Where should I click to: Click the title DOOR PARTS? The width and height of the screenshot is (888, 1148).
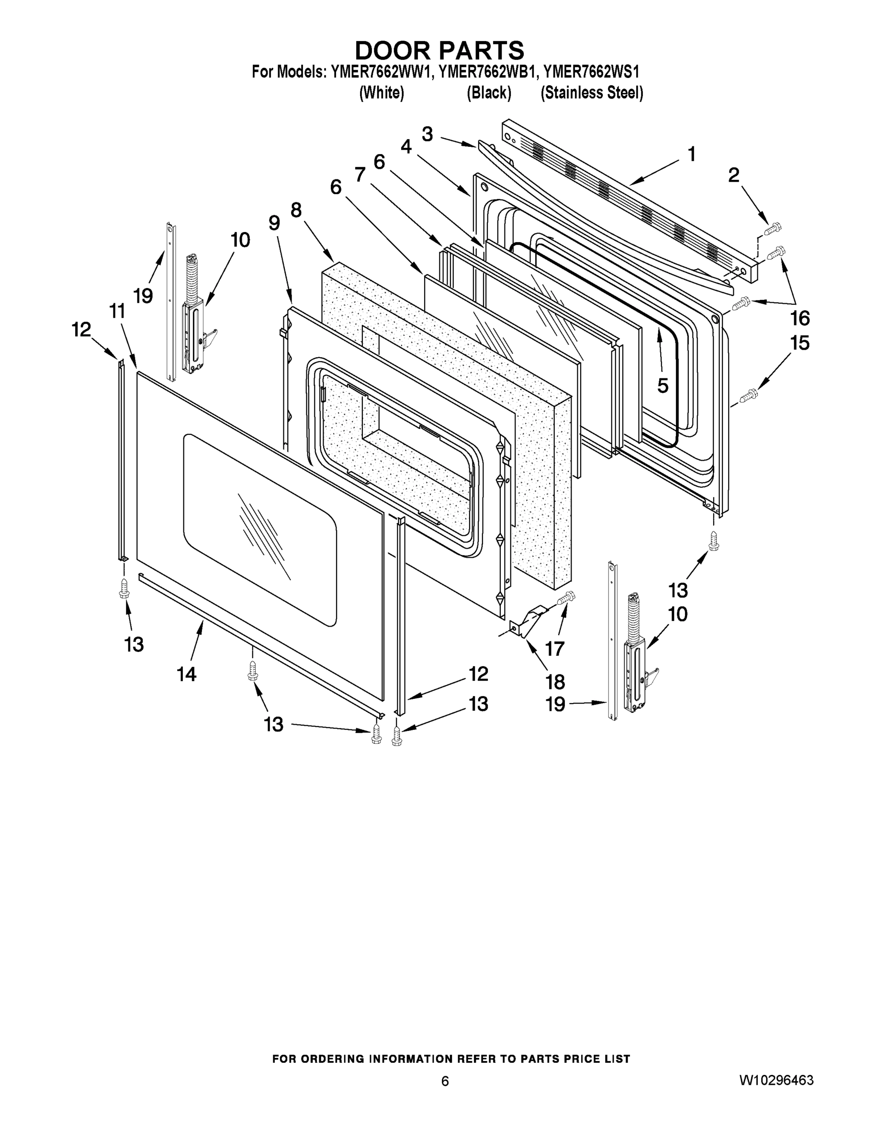coord(439,50)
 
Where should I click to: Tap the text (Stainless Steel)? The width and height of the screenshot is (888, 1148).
coord(592,93)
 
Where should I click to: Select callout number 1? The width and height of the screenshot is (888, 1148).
coord(692,155)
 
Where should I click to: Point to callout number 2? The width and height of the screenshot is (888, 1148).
coord(734,176)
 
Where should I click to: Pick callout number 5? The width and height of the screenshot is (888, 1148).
coord(663,385)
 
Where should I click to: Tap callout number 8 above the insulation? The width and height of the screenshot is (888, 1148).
coord(296,210)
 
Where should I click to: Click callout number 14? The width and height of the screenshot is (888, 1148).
coord(187,674)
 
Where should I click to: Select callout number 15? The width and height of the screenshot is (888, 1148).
coord(799,343)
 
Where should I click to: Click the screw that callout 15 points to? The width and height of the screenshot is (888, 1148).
coord(749,395)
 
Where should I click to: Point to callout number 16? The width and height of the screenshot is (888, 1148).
coord(799,318)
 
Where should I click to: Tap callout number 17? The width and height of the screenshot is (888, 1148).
coord(554,649)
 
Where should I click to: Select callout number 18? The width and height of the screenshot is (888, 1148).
coord(555,682)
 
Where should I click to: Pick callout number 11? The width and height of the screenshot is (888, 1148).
coord(117,311)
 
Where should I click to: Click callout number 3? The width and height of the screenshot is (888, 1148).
coord(427,134)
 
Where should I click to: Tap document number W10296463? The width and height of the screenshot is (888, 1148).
coord(776,1081)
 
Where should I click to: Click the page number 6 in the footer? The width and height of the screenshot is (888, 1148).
coord(445,1081)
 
